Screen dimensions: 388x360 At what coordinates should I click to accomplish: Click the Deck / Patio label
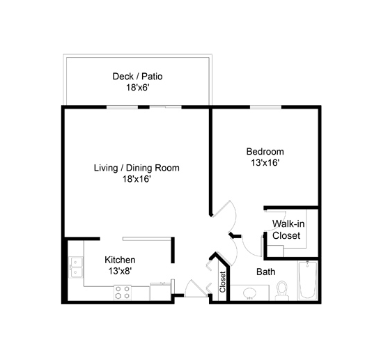138,76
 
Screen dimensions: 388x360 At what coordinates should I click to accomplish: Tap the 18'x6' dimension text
138,88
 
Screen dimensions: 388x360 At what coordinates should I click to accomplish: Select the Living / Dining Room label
137,168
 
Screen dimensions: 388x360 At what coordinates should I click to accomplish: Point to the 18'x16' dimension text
137,179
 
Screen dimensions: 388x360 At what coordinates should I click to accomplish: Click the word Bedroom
265,151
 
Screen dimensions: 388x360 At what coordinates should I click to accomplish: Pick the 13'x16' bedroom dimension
265,163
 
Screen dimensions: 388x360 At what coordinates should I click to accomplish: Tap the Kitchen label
120,260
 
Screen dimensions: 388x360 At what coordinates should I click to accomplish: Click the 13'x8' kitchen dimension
120,271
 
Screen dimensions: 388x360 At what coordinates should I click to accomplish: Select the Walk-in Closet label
288,230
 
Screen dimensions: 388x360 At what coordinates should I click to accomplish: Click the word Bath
266,272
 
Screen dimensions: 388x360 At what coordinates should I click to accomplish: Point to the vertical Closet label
222,282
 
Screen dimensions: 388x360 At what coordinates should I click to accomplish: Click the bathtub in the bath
308,281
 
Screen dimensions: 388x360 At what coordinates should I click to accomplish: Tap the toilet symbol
282,290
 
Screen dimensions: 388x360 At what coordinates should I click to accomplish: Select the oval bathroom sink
250,293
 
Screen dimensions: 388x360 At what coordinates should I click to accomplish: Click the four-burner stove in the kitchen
123,292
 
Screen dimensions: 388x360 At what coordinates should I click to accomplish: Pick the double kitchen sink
76,267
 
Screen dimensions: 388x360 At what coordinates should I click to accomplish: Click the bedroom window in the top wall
265,107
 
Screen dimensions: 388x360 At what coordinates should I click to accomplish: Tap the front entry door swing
196,288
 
